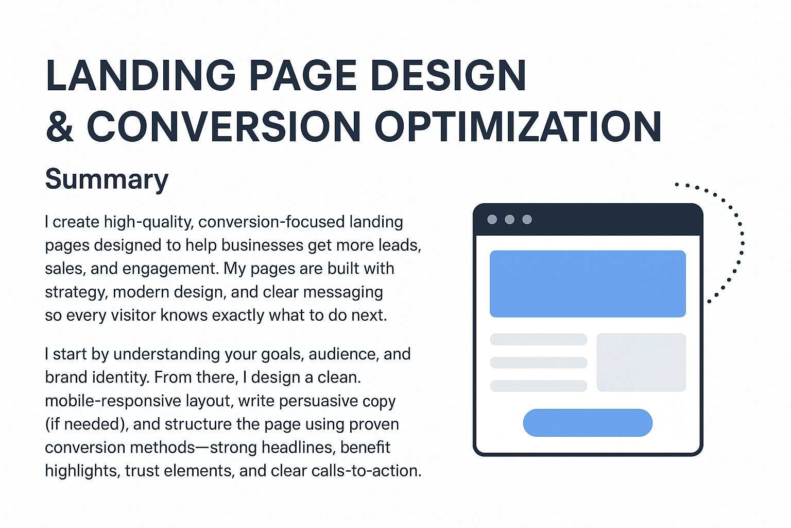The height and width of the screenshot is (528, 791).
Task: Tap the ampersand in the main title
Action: (60, 127)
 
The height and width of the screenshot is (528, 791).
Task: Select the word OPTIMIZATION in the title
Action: (518, 127)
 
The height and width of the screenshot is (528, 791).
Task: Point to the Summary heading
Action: (107, 179)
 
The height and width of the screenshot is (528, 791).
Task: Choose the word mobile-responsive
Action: (113, 401)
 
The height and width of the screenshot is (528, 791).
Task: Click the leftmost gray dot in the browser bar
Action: (492, 220)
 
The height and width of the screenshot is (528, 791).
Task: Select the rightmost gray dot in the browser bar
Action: (527, 220)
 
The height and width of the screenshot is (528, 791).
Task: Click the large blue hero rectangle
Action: (588, 284)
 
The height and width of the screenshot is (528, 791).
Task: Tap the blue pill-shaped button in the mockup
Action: (588, 423)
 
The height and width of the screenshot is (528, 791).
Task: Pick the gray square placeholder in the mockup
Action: (641, 362)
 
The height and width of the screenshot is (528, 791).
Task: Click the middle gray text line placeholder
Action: (539, 362)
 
